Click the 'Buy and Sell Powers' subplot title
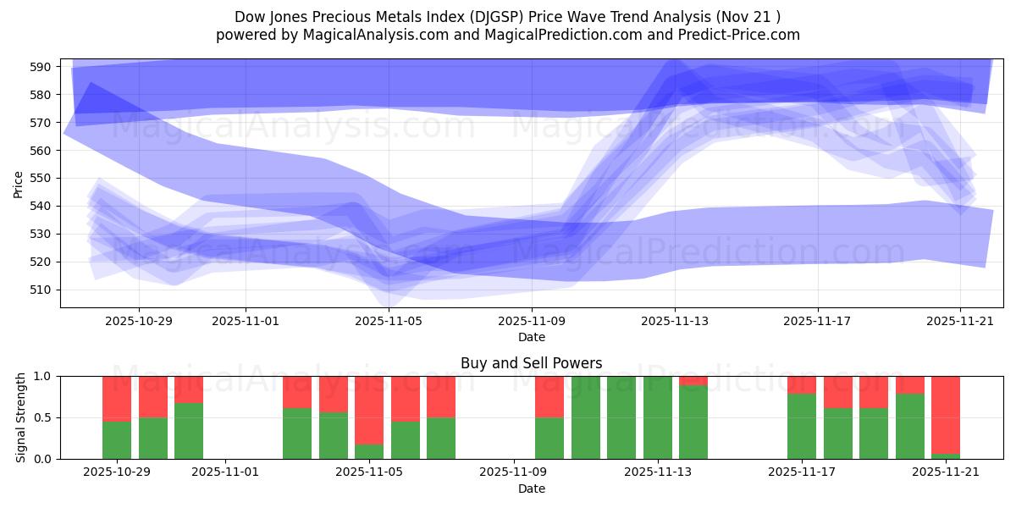[x=531, y=363]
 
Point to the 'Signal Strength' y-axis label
[x=21, y=417]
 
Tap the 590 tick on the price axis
[x=44, y=67]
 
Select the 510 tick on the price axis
[x=44, y=290]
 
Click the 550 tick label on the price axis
[x=44, y=179]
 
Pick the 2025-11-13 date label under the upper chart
[x=675, y=322]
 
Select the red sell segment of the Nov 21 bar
[x=945, y=414]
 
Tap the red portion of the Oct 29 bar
[x=117, y=398]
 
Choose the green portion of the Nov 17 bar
[x=801, y=427]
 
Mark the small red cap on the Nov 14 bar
[x=693, y=380]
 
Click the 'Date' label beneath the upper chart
[x=531, y=337]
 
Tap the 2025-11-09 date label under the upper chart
[x=532, y=322]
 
